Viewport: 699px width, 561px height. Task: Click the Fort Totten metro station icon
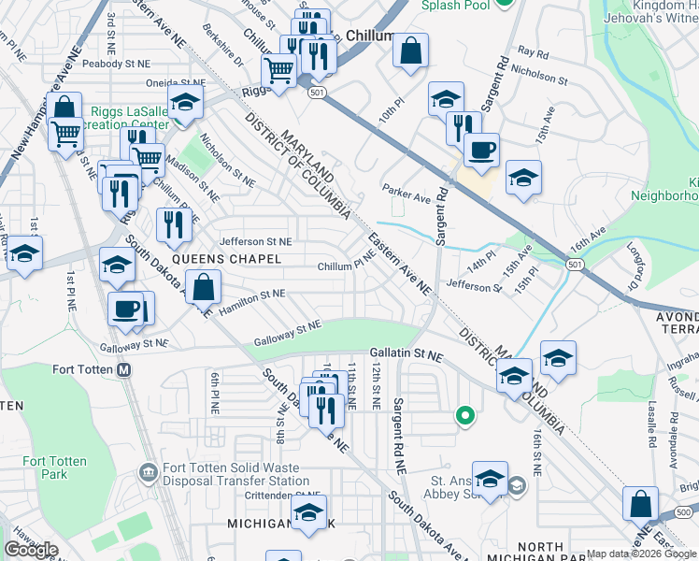click(x=124, y=369)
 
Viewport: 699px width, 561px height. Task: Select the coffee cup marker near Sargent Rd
click(x=481, y=150)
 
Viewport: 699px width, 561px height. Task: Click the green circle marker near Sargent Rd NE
click(x=464, y=414)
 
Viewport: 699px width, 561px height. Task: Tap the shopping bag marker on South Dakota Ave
click(x=203, y=287)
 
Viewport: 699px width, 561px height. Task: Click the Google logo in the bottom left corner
click(x=31, y=550)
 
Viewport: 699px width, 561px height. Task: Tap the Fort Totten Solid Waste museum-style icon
click(x=147, y=470)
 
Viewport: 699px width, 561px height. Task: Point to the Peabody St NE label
click(x=116, y=64)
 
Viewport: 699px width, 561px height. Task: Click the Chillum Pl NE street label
click(x=347, y=266)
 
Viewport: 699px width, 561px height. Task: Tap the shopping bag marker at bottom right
click(x=641, y=504)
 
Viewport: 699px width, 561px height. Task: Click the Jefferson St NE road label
click(x=255, y=240)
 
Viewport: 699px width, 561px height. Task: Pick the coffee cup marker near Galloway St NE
click(x=125, y=309)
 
